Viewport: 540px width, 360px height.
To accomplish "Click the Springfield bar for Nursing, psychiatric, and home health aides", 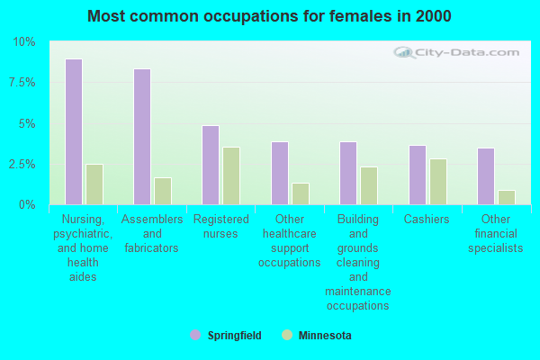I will pyautogui.click(x=74, y=132).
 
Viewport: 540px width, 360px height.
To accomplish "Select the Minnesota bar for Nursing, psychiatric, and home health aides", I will pyautogui.click(x=94, y=184).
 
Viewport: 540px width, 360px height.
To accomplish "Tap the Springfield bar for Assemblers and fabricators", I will pyautogui.click(x=142, y=137).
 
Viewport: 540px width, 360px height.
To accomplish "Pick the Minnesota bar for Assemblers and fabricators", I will pyautogui.click(x=163, y=191).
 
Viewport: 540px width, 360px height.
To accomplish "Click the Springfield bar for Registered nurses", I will pyautogui.click(x=211, y=165).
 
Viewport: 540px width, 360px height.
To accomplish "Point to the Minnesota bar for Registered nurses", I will pyautogui.click(x=231, y=175).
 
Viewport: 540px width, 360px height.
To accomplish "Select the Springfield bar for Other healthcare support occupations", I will pyautogui.click(x=280, y=173).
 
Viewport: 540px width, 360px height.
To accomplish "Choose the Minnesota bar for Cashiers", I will pyautogui.click(x=438, y=182).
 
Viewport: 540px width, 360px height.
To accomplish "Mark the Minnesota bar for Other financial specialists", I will pyautogui.click(x=507, y=197).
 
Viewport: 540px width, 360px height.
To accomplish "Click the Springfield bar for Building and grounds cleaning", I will pyautogui.click(x=348, y=173).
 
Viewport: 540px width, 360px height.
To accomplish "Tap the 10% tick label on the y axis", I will pyautogui.click(x=24, y=42).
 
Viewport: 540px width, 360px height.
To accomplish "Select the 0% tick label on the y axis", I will pyautogui.click(x=27, y=205).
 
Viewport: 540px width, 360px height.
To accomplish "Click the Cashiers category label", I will pyautogui.click(x=427, y=220).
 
